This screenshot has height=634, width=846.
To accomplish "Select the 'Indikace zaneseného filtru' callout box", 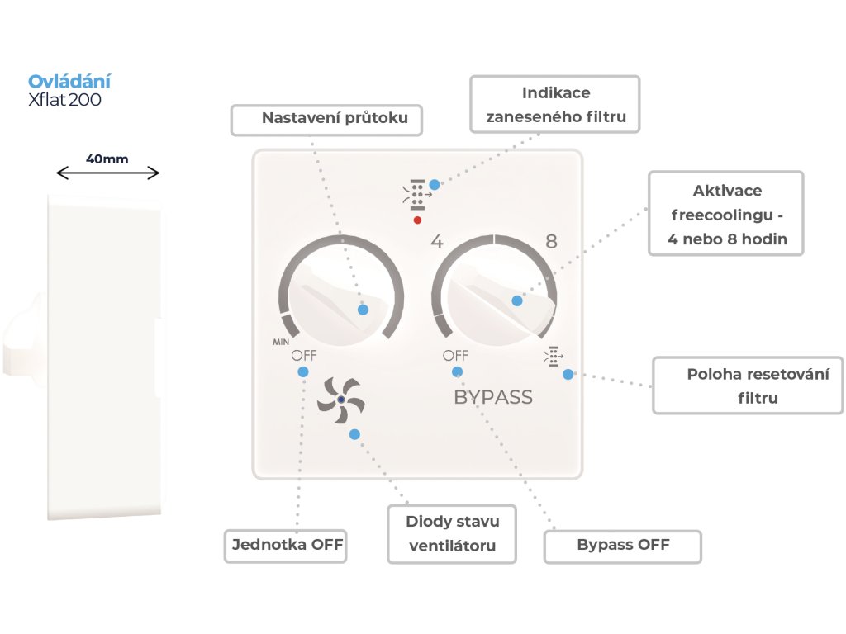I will click(x=555, y=105).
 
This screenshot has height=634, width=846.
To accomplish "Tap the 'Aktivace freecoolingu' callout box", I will click(x=725, y=213).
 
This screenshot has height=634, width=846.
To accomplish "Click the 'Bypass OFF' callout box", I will click(x=622, y=546).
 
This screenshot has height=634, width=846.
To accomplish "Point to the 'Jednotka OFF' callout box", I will click(x=285, y=546).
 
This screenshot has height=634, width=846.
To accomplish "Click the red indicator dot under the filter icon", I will click(x=417, y=220).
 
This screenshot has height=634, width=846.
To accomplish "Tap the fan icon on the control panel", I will click(x=340, y=400).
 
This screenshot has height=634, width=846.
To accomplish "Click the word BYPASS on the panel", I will click(x=493, y=397).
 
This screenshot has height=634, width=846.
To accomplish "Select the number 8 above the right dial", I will click(x=551, y=242).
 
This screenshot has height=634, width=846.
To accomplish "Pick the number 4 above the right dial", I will click(x=437, y=243).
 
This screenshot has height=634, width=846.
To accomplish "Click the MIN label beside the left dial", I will click(x=282, y=340).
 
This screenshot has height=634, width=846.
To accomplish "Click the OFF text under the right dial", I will click(x=455, y=355).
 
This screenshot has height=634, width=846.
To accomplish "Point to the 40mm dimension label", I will click(x=107, y=158).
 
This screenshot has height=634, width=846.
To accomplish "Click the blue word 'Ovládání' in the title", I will click(x=69, y=81).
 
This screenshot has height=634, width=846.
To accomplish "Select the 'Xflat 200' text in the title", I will click(x=65, y=99).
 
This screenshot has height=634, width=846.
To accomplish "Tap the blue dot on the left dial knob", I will click(x=363, y=310).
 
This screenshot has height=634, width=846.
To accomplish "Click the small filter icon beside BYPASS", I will click(x=551, y=357).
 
